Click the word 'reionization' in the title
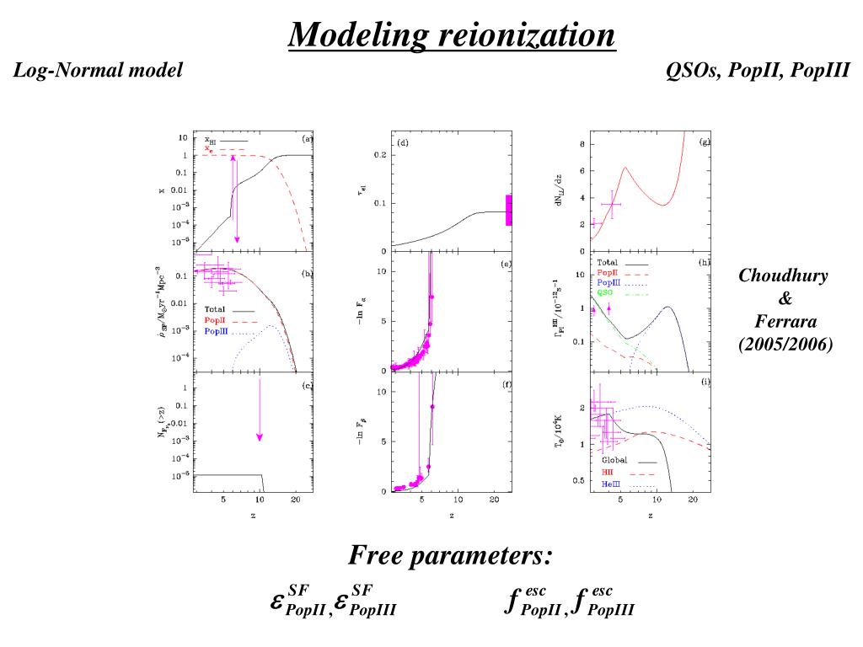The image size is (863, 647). pos(526,35)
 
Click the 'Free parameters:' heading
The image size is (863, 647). pos(451,556)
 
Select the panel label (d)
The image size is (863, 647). pos(403,143)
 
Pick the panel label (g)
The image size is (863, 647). pos(705,142)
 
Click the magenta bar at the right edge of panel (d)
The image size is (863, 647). pos(509,210)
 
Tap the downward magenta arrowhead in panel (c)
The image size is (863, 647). pos(260,436)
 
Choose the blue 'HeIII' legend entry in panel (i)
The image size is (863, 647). pos(611,485)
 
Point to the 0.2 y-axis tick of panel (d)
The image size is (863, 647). pos(381,155)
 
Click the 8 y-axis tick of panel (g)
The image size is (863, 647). pos(581,145)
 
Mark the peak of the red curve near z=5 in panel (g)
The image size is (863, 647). pos(625,167)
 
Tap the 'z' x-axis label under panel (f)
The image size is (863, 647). pos(452,516)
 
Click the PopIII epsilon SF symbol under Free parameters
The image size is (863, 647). pos(364,601)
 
